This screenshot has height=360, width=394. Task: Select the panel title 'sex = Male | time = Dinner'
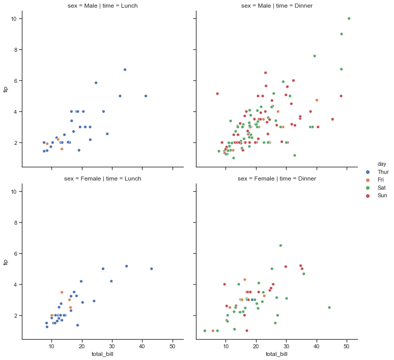[x=276, y=6]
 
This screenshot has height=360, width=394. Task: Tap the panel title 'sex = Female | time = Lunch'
[x=102, y=178]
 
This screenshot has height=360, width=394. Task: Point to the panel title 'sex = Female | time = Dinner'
[x=276, y=178]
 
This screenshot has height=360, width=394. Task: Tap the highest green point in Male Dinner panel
[x=349, y=18]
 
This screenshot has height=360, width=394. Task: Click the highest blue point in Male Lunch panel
[x=124, y=70]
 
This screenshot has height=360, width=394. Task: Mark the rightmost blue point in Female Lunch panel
[x=151, y=269]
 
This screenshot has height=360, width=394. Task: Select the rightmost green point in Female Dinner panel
[x=329, y=308]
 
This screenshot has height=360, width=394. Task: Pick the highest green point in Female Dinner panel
[x=280, y=246]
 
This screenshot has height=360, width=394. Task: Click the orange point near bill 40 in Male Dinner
[x=317, y=100]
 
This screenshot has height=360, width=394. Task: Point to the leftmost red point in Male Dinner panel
[x=217, y=94]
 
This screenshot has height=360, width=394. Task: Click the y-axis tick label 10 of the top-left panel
[x=16, y=19]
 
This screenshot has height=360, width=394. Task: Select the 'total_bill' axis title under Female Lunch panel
[x=102, y=354]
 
